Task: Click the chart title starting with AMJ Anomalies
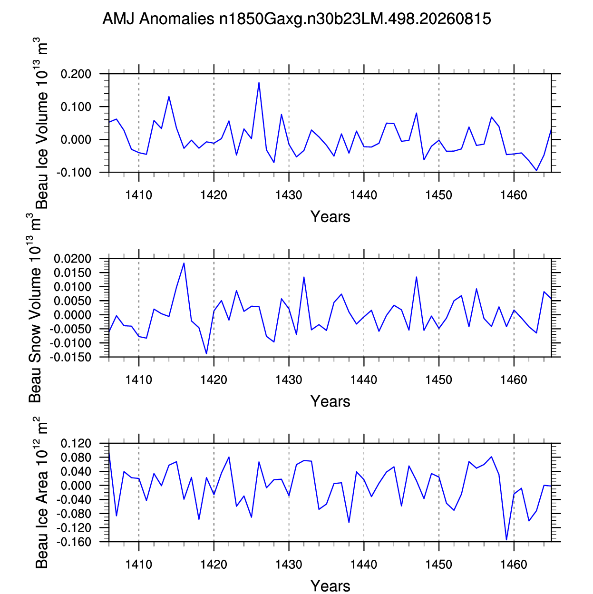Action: [x=296, y=19]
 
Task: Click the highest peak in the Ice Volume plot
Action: [x=259, y=82]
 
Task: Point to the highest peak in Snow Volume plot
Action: [x=184, y=263]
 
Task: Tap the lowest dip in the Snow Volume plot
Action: [x=206, y=353]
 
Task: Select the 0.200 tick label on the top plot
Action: [x=76, y=74]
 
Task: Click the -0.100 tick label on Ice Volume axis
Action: [x=74, y=173]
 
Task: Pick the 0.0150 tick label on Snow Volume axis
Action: [x=73, y=273]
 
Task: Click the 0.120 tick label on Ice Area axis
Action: [x=76, y=444]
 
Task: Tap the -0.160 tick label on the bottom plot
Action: [x=74, y=542]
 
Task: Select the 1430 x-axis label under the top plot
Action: [x=289, y=195]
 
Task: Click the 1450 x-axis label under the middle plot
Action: [x=439, y=380]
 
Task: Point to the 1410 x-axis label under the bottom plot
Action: [x=139, y=565]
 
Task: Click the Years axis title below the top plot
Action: [x=331, y=217]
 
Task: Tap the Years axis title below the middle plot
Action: [x=331, y=402]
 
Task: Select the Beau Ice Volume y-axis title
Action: [x=41, y=123]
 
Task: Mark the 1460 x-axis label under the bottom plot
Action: [x=514, y=565]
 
